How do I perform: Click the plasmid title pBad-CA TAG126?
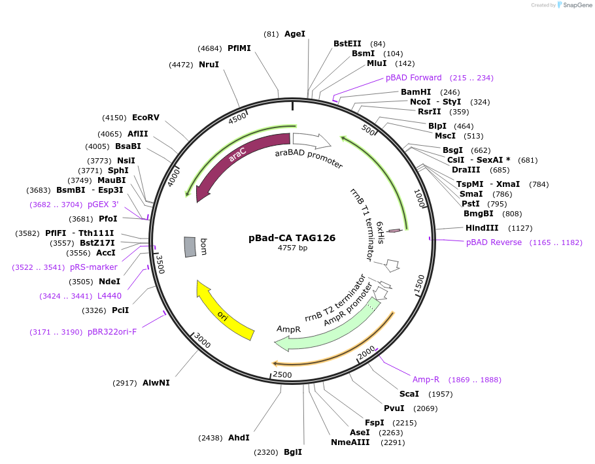pyautogui.click(x=292, y=238)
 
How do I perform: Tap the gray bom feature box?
pyautogui.click(x=190, y=246)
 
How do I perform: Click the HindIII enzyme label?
pyautogui.click(x=482, y=228)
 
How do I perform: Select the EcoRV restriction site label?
pyautogui.click(x=145, y=118)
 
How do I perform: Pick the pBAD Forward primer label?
pyautogui.click(x=413, y=78)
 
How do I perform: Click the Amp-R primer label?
pyautogui.click(x=425, y=380)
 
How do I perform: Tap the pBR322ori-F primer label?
pyautogui.click(x=112, y=332)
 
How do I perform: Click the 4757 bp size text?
pyautogui.click(x=292, y=248)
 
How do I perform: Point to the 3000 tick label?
pyautogui.click(x=202, y=341)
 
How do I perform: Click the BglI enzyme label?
pyautogui.click(x=293, y=452)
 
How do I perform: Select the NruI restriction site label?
pyautogui.click(x=209, y=65)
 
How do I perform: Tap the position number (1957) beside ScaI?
pyautogui.click(x=440, y=394)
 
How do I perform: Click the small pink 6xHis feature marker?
pyautogui.click(x=394, y=231)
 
